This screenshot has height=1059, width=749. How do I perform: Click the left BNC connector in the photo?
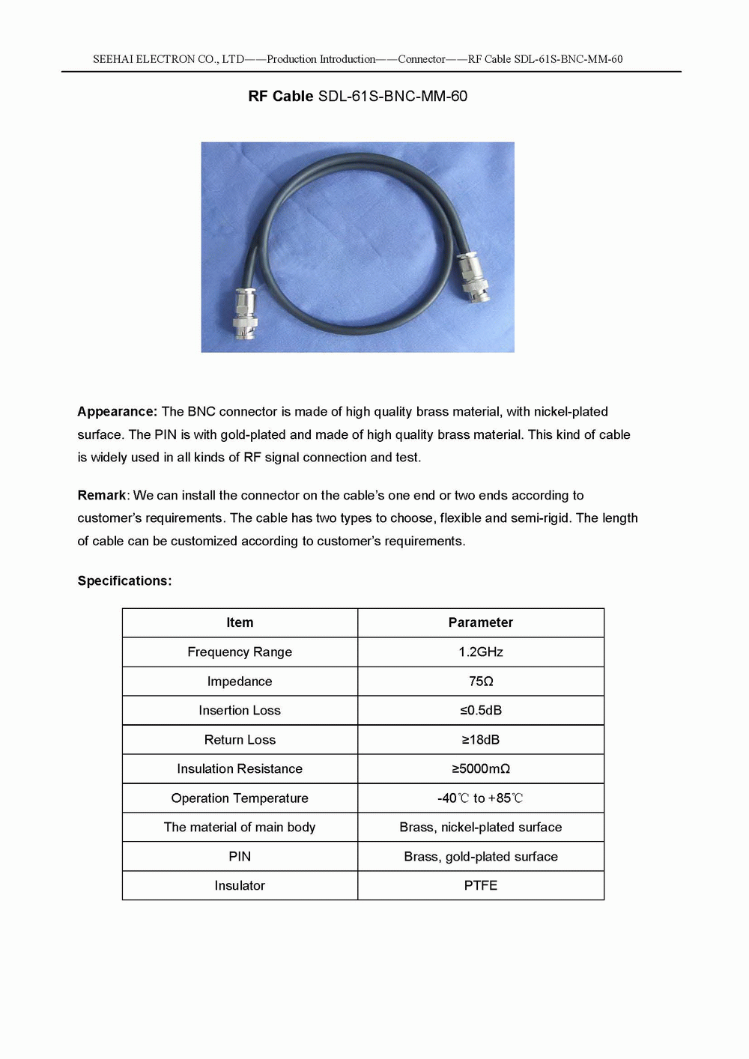246,314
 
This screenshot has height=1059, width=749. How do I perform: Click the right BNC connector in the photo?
474,276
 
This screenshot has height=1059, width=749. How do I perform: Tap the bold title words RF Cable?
281,96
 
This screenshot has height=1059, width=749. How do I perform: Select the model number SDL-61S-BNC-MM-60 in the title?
392,96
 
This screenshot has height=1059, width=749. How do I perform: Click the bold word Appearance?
117,411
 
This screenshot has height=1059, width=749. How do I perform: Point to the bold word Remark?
101,495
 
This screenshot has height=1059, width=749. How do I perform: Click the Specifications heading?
124,580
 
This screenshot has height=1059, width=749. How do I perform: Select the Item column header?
240,622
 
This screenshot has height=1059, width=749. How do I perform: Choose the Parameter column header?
481,622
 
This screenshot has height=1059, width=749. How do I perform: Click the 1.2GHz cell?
481,652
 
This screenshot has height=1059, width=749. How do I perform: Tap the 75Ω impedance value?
481,681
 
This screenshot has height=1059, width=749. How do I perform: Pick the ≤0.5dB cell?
481,710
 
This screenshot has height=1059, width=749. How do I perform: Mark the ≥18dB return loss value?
481,739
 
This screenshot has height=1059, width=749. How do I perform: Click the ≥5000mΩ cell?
481,768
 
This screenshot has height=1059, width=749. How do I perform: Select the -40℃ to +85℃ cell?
481,798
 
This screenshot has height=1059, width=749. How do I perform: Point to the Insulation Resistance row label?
240,768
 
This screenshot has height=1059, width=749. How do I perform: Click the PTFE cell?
481,885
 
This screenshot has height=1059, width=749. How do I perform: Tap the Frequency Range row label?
240,652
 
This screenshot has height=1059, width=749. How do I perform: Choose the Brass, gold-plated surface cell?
481,856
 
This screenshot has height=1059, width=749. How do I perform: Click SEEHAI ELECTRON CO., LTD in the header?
169,59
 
